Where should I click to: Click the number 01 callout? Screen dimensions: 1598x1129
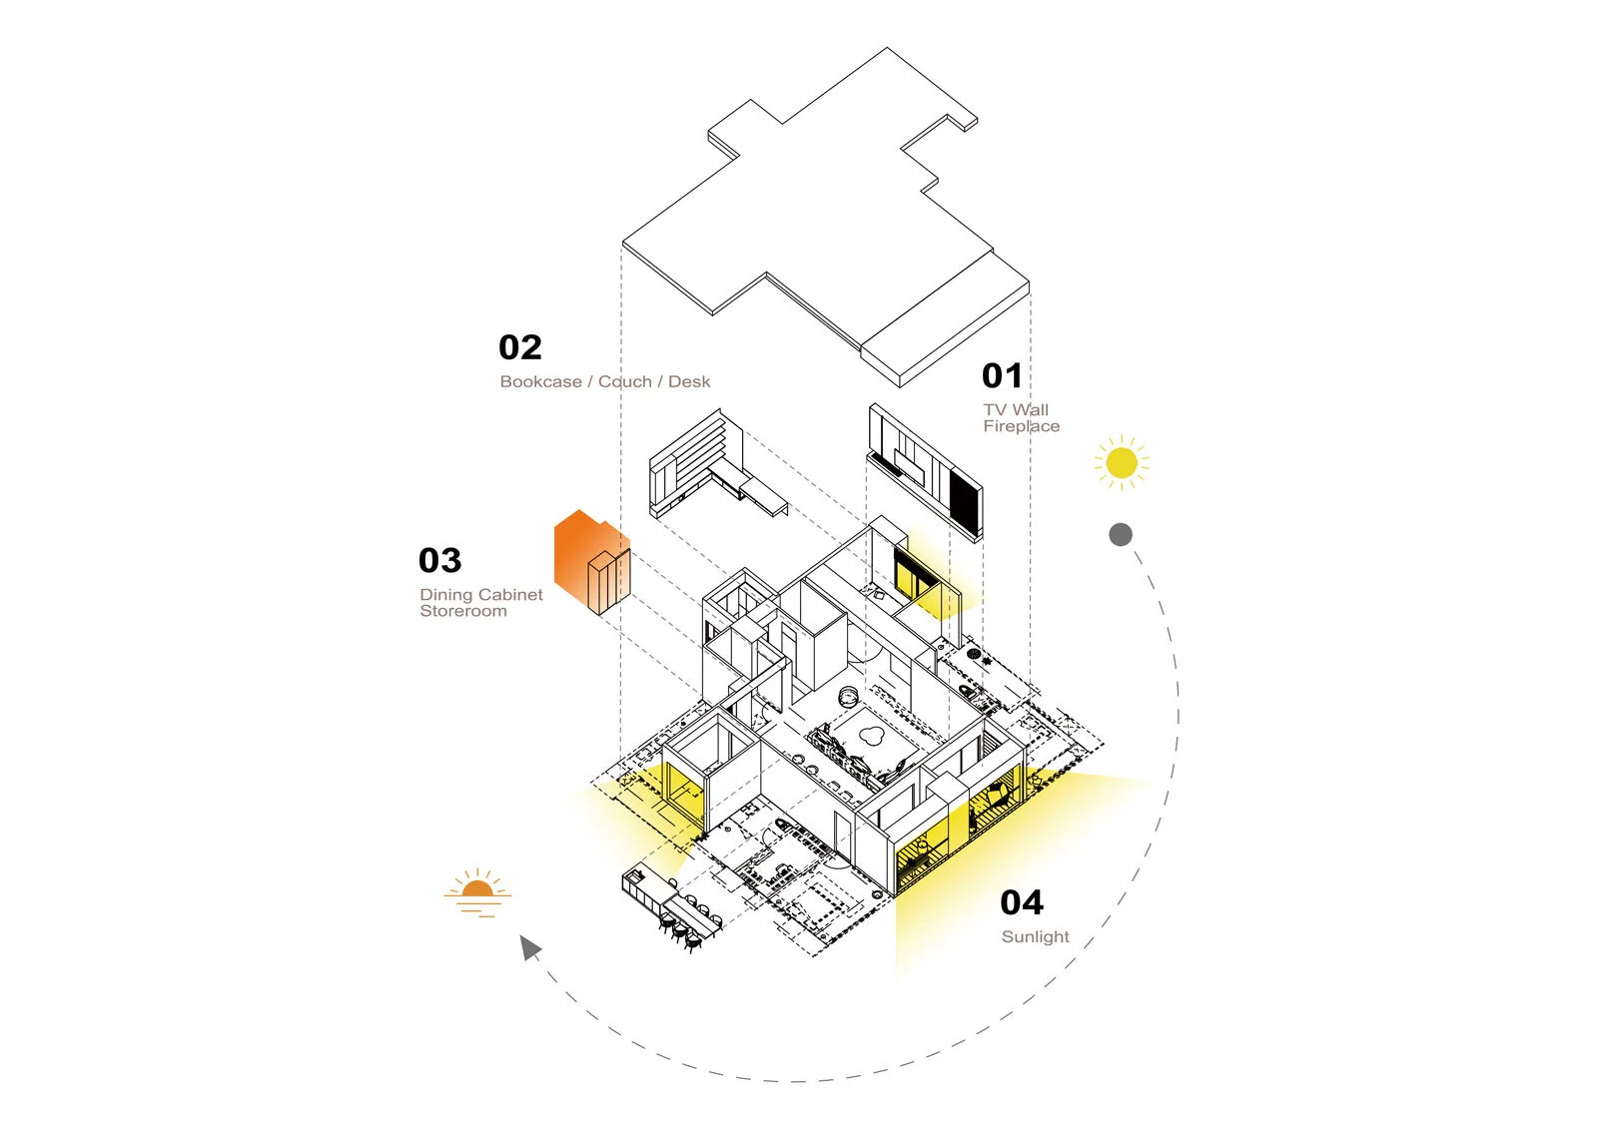tap(1002, 376)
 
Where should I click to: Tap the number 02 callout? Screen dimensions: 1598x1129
tap(519, 347)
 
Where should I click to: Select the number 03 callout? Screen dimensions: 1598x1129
tap(439, 560)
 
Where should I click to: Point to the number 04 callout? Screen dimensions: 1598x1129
tap(1021, 902)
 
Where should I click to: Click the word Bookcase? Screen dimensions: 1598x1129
tap(540, 381)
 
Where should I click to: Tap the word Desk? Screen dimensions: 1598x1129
tap(689, 381)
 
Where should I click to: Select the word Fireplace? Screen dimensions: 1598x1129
tap(1021, 426)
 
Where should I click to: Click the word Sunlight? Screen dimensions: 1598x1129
tap(1035, 936)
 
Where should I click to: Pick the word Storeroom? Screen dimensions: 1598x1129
tap(462, 611)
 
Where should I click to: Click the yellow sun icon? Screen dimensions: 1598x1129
tap(1122, 462)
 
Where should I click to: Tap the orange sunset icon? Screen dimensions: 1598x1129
tap(477, 891)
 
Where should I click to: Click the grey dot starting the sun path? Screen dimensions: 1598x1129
tap(1121, 534)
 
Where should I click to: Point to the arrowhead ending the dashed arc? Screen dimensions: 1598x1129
tap(530, 946)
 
